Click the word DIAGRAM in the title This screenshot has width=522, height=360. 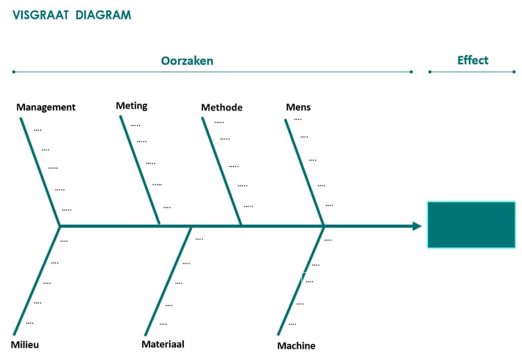(103, 15)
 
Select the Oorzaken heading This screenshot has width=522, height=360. (187, 61)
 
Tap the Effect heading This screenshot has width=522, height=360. (473, 60)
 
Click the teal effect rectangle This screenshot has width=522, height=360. (471, 225)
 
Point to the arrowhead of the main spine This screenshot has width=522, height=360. (417, 226)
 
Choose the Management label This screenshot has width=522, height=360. (46, 107)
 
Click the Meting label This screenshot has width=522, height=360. (132, 106)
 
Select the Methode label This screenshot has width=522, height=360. (221, 107)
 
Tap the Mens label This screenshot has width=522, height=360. (298, 107)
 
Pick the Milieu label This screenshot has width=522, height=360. (25, 345)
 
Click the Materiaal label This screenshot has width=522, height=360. (163, 344)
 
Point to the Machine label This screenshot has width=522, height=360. (296, 346)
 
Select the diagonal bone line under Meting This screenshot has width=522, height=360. (140, 171)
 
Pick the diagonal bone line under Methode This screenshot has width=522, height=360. (222, 171)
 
